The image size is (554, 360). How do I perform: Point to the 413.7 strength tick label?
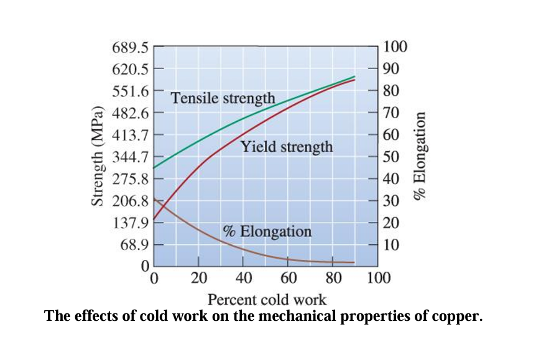point(130,135)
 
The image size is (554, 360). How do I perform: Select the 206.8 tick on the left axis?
point(130,201)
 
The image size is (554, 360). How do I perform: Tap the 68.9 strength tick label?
point(132,245)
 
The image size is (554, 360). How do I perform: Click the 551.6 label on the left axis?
point(130,91)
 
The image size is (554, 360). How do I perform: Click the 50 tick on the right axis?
point(392,157)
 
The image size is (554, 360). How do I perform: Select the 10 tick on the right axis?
point(392,245)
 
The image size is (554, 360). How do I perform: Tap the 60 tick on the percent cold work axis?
point(289,278)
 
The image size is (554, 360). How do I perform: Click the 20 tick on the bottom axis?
point(198,278)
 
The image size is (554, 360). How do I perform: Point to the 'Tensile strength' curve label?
point(223,98)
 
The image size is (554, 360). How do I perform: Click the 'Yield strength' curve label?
point(287,147)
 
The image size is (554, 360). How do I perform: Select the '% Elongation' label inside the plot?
point(267,232)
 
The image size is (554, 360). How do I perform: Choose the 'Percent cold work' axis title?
point(267,300)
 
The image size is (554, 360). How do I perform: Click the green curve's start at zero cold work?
point(154,168)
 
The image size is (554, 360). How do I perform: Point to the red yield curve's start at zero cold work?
point(154,219)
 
